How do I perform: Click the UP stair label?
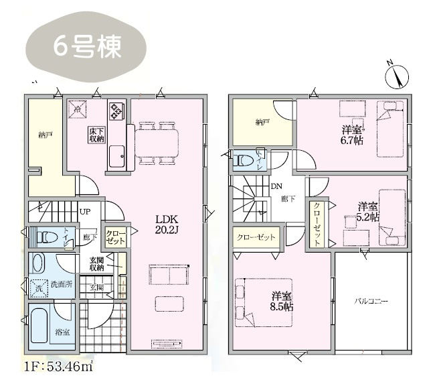(x=85, y=212)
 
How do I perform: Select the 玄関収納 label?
(x=96, y=264)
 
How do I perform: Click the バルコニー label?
(x=371, y=302)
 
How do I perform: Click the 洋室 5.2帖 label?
(x=367, y=211)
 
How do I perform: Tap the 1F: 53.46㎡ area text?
(x=61, y=367)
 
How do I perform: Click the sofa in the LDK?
(x=169, y=275)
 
